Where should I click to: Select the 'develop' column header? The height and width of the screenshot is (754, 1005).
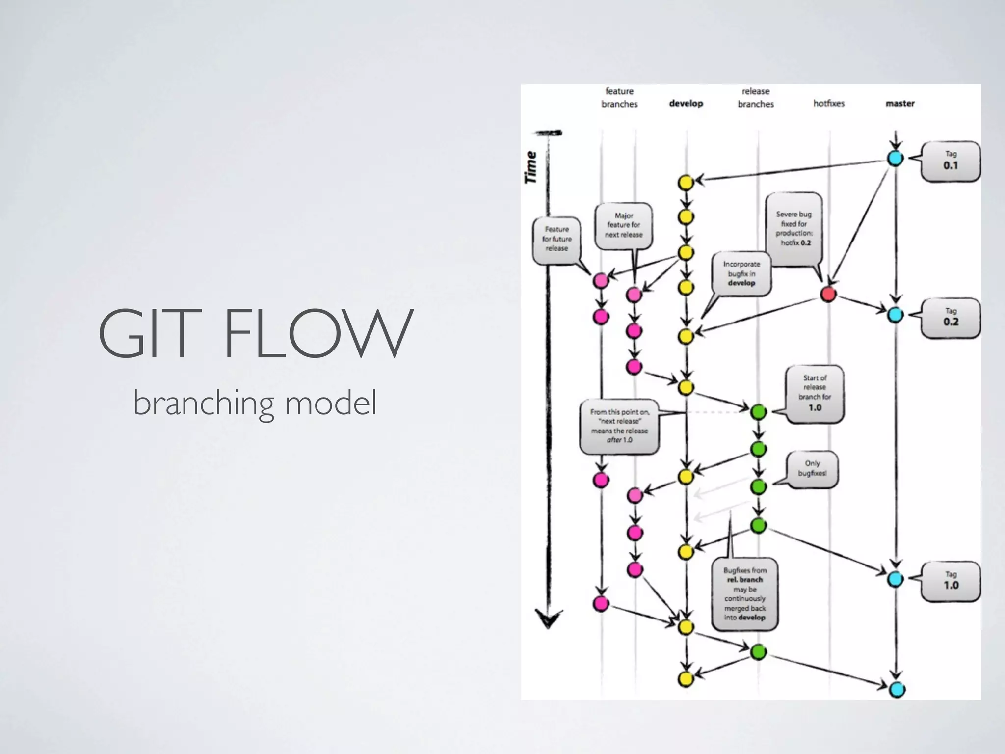[x=686, y=104]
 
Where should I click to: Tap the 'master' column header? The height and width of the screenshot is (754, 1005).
[x=900, y=104]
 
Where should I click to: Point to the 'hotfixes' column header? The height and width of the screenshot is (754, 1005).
[x=829, y=104]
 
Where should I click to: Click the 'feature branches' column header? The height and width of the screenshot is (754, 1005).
[x=619, y=98]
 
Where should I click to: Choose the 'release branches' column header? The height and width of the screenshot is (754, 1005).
[x=756, y=98]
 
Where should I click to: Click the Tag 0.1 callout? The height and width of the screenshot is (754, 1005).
[x=951, y=161]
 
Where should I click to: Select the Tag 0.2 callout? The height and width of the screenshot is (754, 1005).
[x=951, y=318]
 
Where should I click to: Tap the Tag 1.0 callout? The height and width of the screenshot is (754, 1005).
[x=951, y=581]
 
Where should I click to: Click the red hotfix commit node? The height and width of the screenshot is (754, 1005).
[x=828, y=294]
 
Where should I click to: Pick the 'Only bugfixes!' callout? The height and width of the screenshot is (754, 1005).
[x=812, y=468]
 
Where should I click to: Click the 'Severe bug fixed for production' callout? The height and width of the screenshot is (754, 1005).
[x=793, y=229]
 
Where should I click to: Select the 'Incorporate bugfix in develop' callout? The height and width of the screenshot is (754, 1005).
[x=741, y=273]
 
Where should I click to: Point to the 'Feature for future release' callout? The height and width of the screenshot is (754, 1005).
[x=556, y=239]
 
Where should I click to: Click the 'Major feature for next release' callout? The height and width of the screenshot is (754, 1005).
[x=623, y=225]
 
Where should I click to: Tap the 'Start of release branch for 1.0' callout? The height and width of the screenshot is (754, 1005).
[x=815, y=393]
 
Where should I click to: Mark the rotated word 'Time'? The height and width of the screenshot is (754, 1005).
[x=530, y=167]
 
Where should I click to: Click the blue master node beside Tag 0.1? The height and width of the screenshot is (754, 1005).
[x=895, y=158]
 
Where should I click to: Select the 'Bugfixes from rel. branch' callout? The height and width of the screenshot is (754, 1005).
[x=744, y=594]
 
